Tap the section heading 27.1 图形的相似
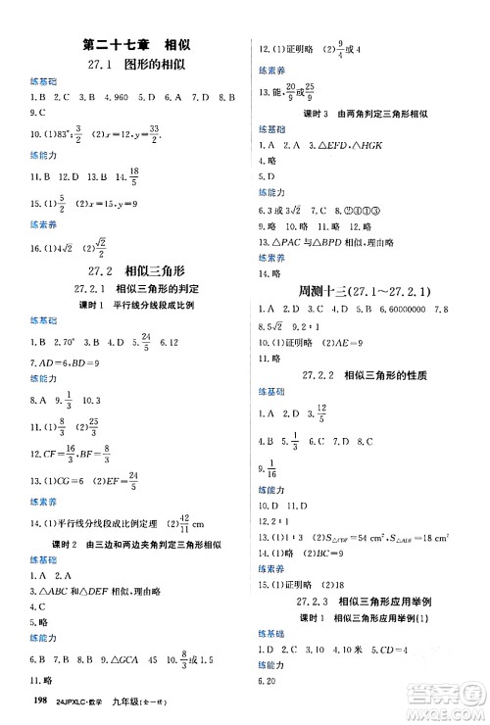tap(136, 67)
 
